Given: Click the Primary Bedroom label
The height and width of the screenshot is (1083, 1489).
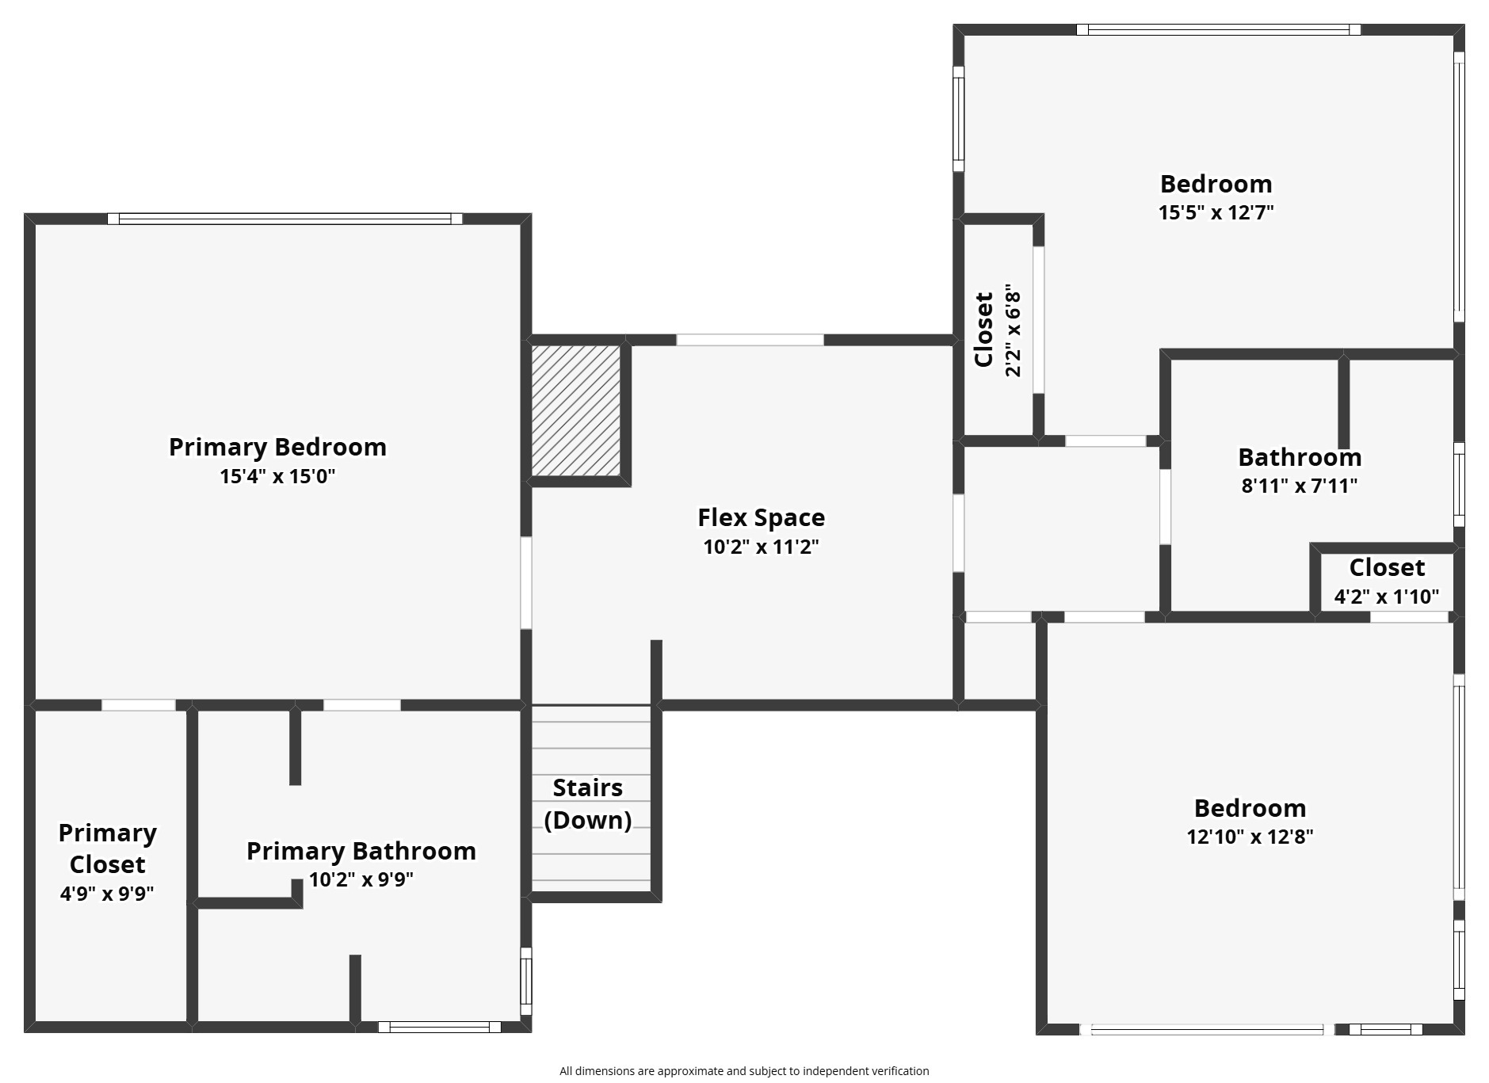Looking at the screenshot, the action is [277, 447].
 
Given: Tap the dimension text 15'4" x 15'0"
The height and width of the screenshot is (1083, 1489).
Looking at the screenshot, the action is [277, 476].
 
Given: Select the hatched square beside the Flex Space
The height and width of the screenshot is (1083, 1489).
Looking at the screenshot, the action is [575, 410].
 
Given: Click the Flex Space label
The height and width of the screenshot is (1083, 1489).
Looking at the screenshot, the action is [761, 517].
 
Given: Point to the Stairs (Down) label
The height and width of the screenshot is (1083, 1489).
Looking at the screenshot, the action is [588, 803].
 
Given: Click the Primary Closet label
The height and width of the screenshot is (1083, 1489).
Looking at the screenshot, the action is [107, 848].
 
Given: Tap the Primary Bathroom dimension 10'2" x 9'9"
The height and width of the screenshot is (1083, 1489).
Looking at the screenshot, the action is [361, 880].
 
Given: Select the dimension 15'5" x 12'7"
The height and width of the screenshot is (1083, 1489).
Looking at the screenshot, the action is [1216, 212].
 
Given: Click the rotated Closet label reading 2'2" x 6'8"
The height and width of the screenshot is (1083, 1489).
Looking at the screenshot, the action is [998, 330].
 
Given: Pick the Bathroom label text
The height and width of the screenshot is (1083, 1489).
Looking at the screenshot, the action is [1300, 457].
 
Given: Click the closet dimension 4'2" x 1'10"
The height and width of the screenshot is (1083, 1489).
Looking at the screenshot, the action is [1386, 597].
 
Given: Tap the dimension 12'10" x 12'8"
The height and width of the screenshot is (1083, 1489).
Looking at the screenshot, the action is [1250, 837].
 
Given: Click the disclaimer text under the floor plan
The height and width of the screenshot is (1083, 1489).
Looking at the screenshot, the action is [744, 1071].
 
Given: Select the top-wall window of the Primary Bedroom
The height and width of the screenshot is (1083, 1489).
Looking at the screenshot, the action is [284, 219].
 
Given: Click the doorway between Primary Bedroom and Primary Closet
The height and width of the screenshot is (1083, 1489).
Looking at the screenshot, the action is [139, 705].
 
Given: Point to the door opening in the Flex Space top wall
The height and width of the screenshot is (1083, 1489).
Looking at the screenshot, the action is [750, 340].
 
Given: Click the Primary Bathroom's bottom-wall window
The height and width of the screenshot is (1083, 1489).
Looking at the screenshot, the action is [439, 1027].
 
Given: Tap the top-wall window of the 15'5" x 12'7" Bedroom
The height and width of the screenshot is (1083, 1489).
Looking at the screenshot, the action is [1219, 30].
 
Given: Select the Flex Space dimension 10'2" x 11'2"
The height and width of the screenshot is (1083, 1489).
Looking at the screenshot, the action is [761, 547].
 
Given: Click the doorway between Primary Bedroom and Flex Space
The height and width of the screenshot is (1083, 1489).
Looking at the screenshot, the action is [525, 583].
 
